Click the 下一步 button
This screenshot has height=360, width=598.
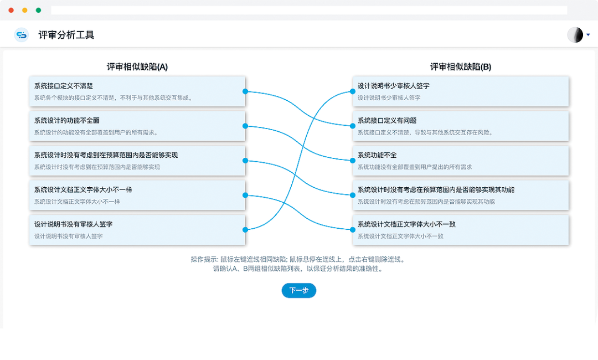point(299,291)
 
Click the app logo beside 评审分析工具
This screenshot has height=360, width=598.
point(22,35)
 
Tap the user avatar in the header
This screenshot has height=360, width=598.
point(575,35)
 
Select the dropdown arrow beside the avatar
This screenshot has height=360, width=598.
point(588,35)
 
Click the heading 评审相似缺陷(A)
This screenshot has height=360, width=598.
point(137,67)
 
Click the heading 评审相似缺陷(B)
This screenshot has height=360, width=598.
point(461,67)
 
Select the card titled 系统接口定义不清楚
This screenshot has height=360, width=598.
point(137,91)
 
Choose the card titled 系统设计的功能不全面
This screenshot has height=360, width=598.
point(137,126)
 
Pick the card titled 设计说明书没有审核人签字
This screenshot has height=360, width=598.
point(137,229)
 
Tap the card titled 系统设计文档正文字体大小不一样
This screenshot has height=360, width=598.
point(137,195)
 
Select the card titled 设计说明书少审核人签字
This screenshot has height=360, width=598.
point(461,91)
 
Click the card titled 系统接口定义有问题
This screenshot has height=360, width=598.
point(461,126)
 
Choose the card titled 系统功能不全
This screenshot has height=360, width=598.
point(461,161)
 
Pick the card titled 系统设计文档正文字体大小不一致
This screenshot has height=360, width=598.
point(461,229)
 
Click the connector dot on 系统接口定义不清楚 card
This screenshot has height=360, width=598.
point(245,91)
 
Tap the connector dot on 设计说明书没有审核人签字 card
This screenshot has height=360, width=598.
point(245,229)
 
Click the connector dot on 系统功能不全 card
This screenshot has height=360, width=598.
point(353,161)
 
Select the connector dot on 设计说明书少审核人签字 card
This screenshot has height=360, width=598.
point(353,91)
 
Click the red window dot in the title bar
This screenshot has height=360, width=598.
point(12,10)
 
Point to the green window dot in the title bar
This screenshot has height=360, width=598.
point(38,10)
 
